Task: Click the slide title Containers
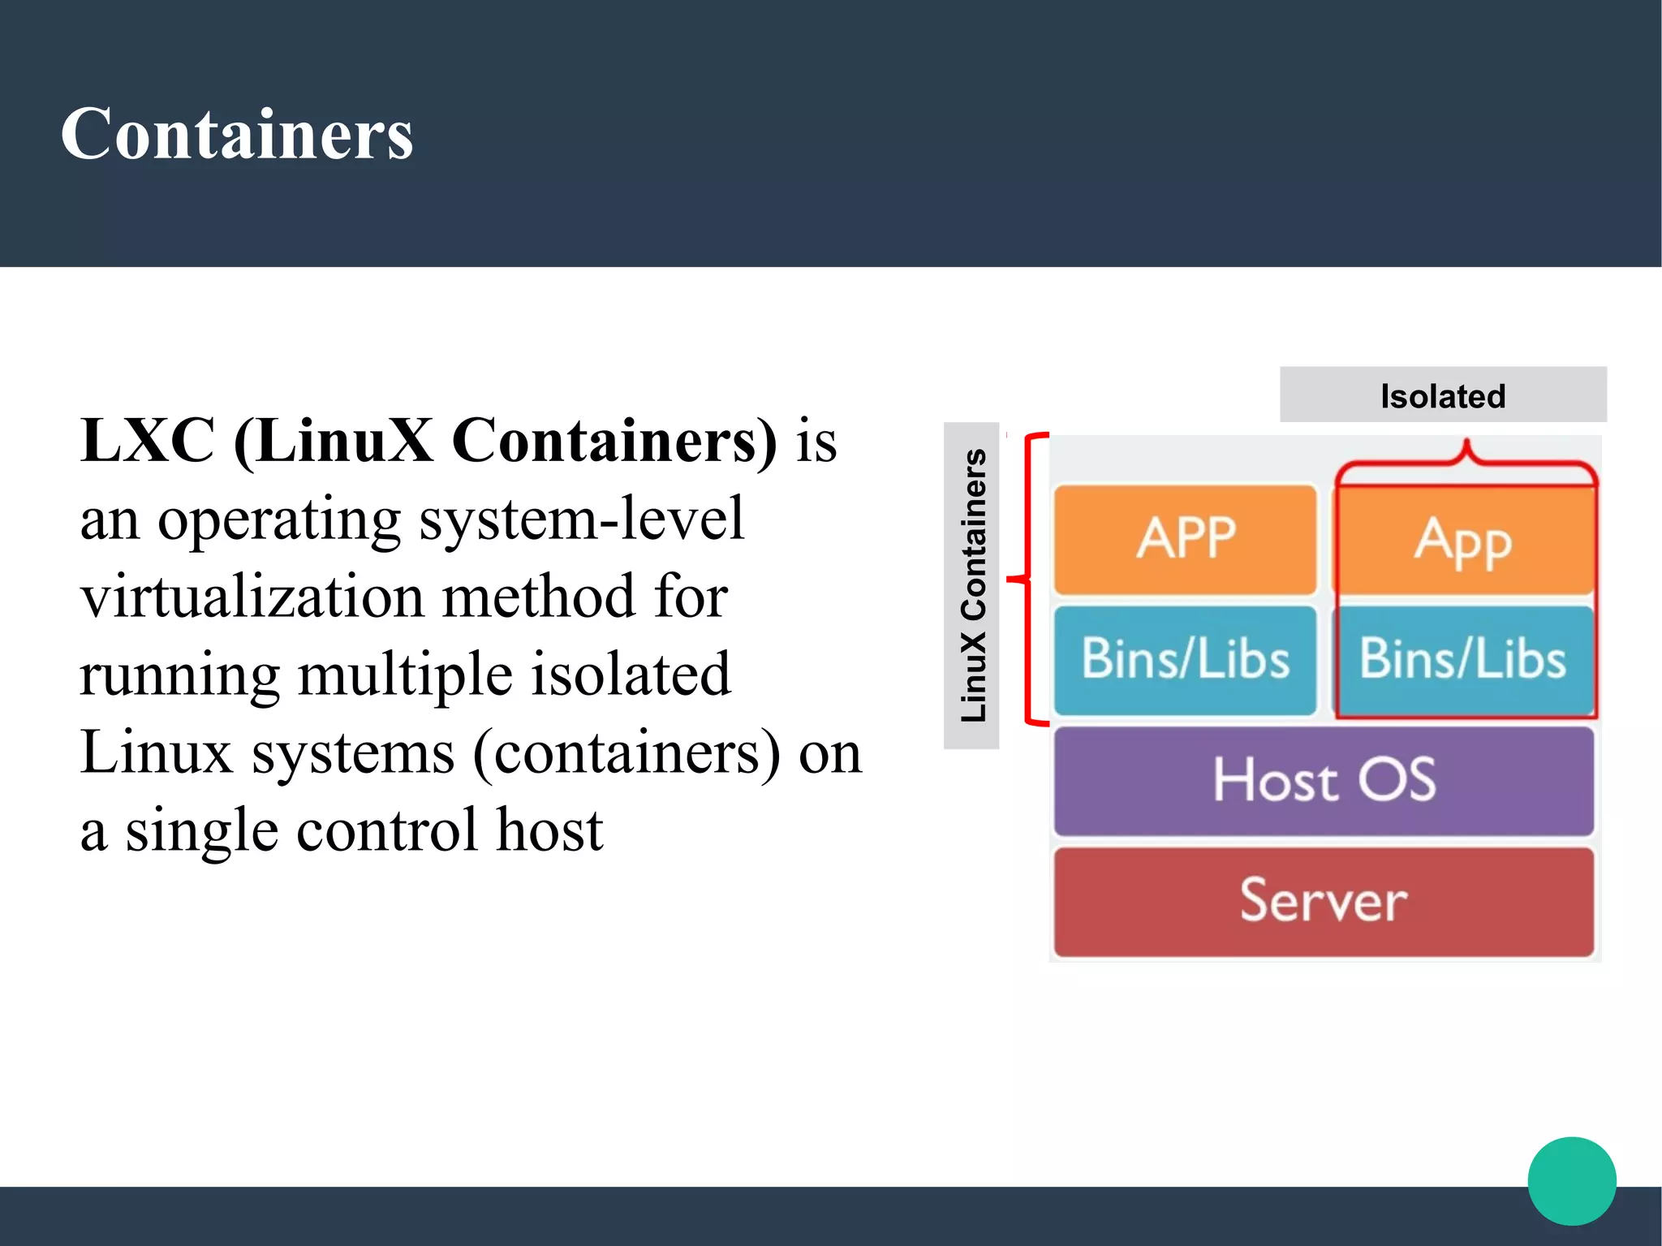(237, 134)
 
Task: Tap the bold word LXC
(148, 441)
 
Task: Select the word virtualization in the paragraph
(252, 597)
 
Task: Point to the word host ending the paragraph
(549, 830)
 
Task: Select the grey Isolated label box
(1442, 395)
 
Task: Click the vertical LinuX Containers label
(972, 585)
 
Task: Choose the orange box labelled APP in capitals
(1185, 539)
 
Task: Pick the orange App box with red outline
(1465, 541)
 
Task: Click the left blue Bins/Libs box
(1185, 659)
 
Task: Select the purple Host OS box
(1324, 780)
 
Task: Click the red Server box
(1324, 901)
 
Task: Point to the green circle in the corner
(1571, 1181)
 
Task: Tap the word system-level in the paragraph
(581, 519)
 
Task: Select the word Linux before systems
(157, 752)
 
